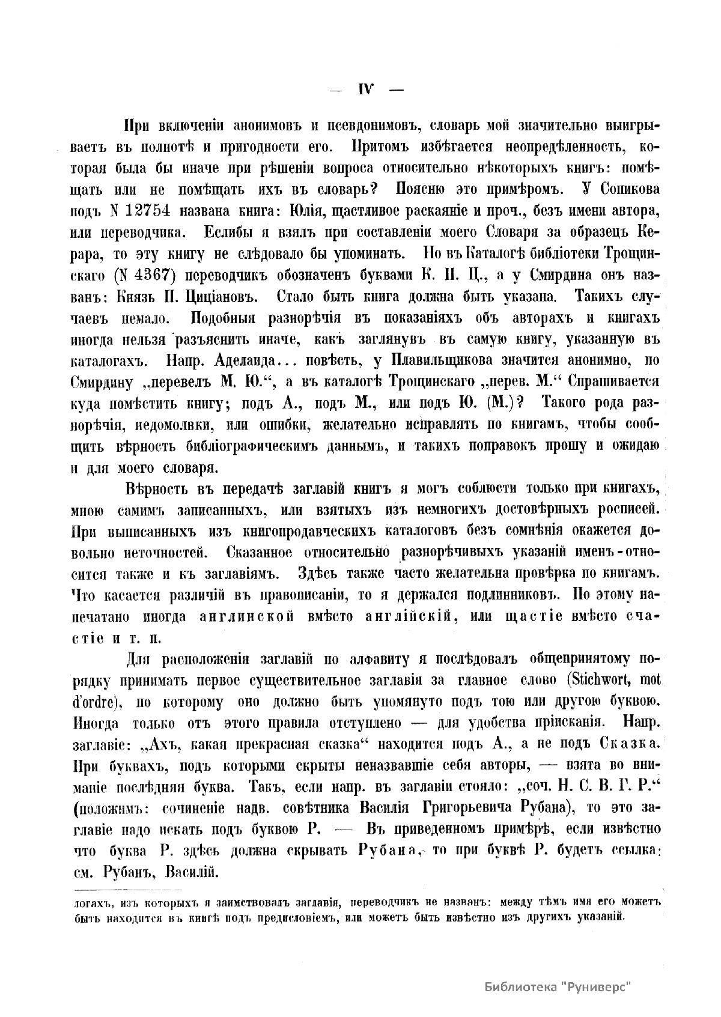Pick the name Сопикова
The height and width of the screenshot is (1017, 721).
(x=622, y=188)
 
